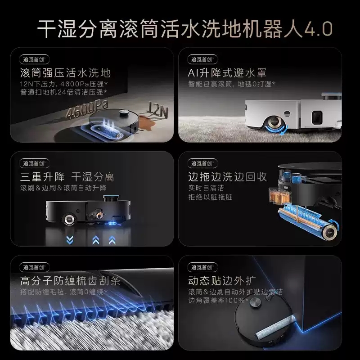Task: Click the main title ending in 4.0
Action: pos(184,30)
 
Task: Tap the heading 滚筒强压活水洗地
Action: pos(65,72)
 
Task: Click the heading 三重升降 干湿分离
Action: pos(67,176)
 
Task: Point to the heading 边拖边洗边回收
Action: pos(227,176)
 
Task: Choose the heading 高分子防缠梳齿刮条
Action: pos(70,281)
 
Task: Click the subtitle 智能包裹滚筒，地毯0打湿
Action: pos(232,84)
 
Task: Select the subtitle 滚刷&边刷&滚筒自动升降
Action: pos(63,187)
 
